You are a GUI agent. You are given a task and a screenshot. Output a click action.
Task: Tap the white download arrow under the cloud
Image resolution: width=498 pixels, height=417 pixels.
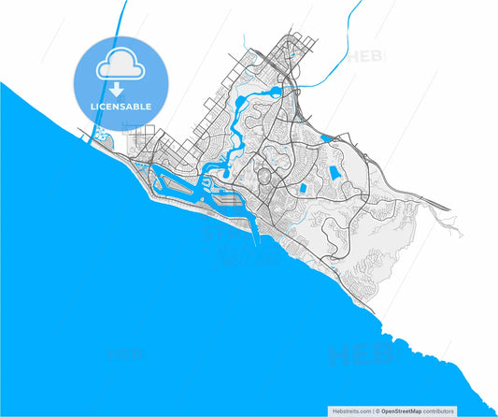(x=117, y=90)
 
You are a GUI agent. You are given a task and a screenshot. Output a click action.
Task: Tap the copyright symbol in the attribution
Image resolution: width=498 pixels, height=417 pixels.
(x=377, y=410)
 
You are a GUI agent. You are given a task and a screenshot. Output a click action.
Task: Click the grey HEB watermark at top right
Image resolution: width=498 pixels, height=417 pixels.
(x=366, y=57)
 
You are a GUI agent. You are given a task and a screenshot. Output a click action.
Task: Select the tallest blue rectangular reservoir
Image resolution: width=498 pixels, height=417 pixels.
(x=334, y=174)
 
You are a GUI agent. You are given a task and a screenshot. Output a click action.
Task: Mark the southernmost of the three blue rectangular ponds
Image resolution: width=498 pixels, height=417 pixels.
(x=303, y=188)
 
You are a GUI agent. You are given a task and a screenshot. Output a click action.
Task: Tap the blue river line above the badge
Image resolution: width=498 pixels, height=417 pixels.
(x=121, y=19)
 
